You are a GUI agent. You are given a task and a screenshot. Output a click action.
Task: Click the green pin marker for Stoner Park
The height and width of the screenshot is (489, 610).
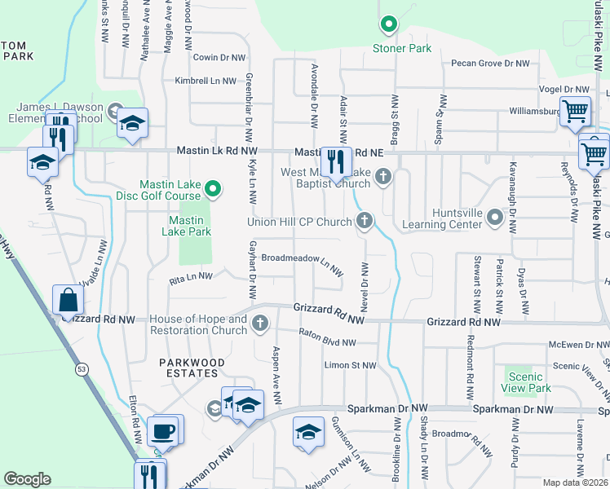(389, 25)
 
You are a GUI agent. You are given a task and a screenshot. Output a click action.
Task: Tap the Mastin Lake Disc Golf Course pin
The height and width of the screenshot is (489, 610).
(213, 190)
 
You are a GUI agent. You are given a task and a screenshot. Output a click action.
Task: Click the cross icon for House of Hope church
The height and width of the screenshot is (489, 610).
(260, 324)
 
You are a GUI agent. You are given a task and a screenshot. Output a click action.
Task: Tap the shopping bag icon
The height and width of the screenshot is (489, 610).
(68, 300)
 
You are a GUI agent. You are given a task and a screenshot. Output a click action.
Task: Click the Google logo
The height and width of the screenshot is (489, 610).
(27, 479)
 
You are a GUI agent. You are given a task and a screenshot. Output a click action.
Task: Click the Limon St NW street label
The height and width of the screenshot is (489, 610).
(351, 366)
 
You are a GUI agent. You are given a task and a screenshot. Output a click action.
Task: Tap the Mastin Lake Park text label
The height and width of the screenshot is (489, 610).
(190, 226)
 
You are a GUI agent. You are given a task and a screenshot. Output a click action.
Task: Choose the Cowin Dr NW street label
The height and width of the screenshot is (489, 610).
(219, 57)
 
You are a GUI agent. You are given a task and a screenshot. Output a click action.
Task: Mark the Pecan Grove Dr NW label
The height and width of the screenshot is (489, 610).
(492, 63)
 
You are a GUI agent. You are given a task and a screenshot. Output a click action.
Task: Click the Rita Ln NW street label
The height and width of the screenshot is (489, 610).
(184, 277)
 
